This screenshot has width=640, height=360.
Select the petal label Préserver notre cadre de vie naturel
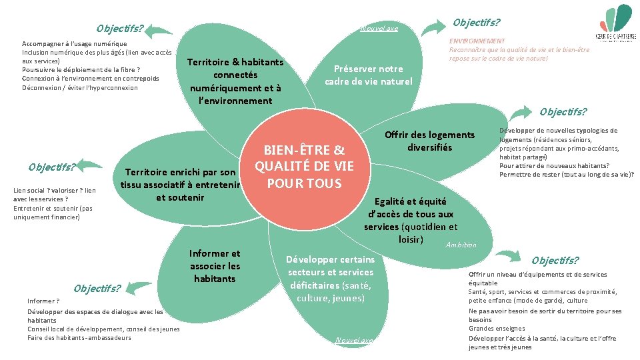[368, 75]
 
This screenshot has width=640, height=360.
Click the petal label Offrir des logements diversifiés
[429, 141]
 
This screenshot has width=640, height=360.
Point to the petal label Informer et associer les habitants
[215, 266]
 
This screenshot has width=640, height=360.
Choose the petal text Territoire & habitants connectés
[235, 81]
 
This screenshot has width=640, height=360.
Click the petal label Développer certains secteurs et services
[331, 279]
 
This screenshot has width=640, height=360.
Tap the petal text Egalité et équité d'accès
[411, 220]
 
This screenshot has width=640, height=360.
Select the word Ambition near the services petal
[462, 245]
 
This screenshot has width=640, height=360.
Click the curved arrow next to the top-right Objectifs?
[433, 26]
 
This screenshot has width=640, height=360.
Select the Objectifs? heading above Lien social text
[51, 166]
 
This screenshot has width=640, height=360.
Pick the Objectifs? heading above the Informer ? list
[97, 289]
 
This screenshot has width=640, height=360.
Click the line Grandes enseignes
[497, 328]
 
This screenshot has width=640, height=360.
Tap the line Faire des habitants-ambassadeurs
[79, 337]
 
